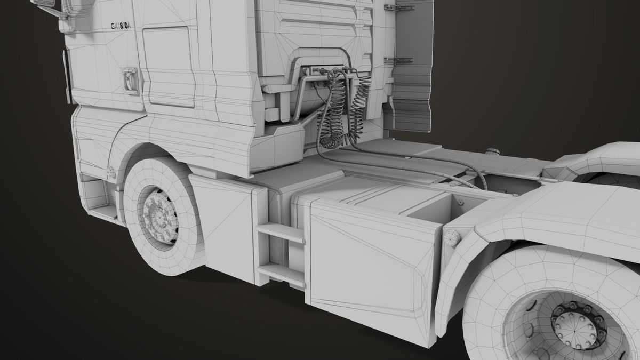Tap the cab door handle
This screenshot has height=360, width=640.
click(x=130, y=80)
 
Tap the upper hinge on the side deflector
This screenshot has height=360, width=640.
click(x=397, y=8)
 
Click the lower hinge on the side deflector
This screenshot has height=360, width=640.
click(x=397, y=60)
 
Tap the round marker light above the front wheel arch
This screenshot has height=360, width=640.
click(x=111, y=172)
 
